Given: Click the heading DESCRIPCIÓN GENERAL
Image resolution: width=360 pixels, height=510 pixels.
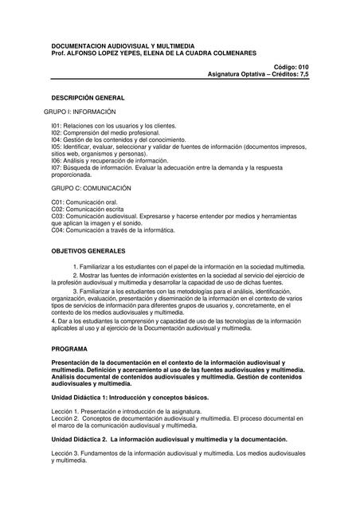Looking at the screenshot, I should (88, 97).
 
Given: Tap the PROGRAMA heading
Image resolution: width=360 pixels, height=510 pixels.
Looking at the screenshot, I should (69, 349).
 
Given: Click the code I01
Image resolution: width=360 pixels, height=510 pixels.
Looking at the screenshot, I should (56, 126).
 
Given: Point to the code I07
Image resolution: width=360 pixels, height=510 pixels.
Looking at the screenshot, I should (56, 167).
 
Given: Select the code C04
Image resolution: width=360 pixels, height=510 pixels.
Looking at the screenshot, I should (57, 230).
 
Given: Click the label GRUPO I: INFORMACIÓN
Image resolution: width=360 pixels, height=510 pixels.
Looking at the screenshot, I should (77, 112).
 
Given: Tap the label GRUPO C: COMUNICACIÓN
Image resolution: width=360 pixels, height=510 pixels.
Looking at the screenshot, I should (80, 188).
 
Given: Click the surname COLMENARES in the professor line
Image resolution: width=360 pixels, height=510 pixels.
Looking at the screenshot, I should (229, 53).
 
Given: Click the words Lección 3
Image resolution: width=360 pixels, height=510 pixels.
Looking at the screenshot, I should (67, 453).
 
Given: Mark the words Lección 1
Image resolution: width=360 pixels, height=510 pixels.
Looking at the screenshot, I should (67, 411).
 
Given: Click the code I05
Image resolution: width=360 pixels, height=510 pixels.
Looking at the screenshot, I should (56, 147).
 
